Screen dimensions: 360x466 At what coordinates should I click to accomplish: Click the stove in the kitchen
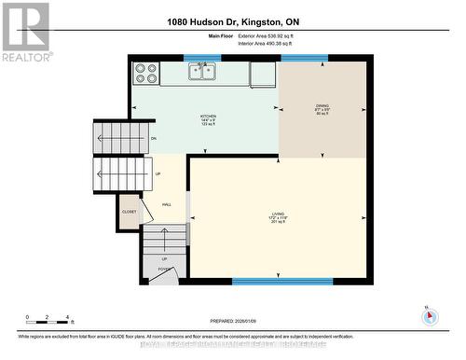click(x=144, y=74)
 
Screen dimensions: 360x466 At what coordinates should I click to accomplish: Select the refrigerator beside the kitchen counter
click(x=264, y=75)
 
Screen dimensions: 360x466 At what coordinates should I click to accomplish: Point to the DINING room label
click(x=323, y=108)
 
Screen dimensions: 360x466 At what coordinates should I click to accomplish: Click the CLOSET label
click(x=129, y=212)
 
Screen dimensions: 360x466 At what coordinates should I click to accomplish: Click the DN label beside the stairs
click(x=153, y=139)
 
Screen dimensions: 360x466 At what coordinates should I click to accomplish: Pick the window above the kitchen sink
click(x=201, y=58)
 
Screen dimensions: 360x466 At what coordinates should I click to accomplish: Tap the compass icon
click(x=429, y=315)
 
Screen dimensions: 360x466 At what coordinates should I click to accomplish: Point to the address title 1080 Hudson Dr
click(x=233, y=21)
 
